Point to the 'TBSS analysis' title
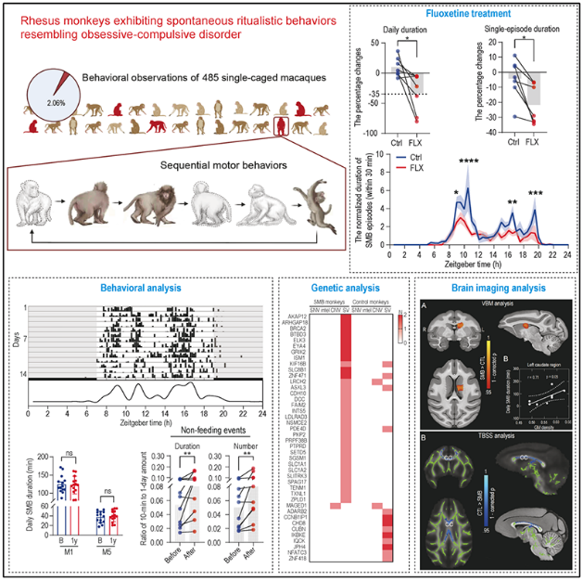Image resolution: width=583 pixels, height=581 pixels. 456,433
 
